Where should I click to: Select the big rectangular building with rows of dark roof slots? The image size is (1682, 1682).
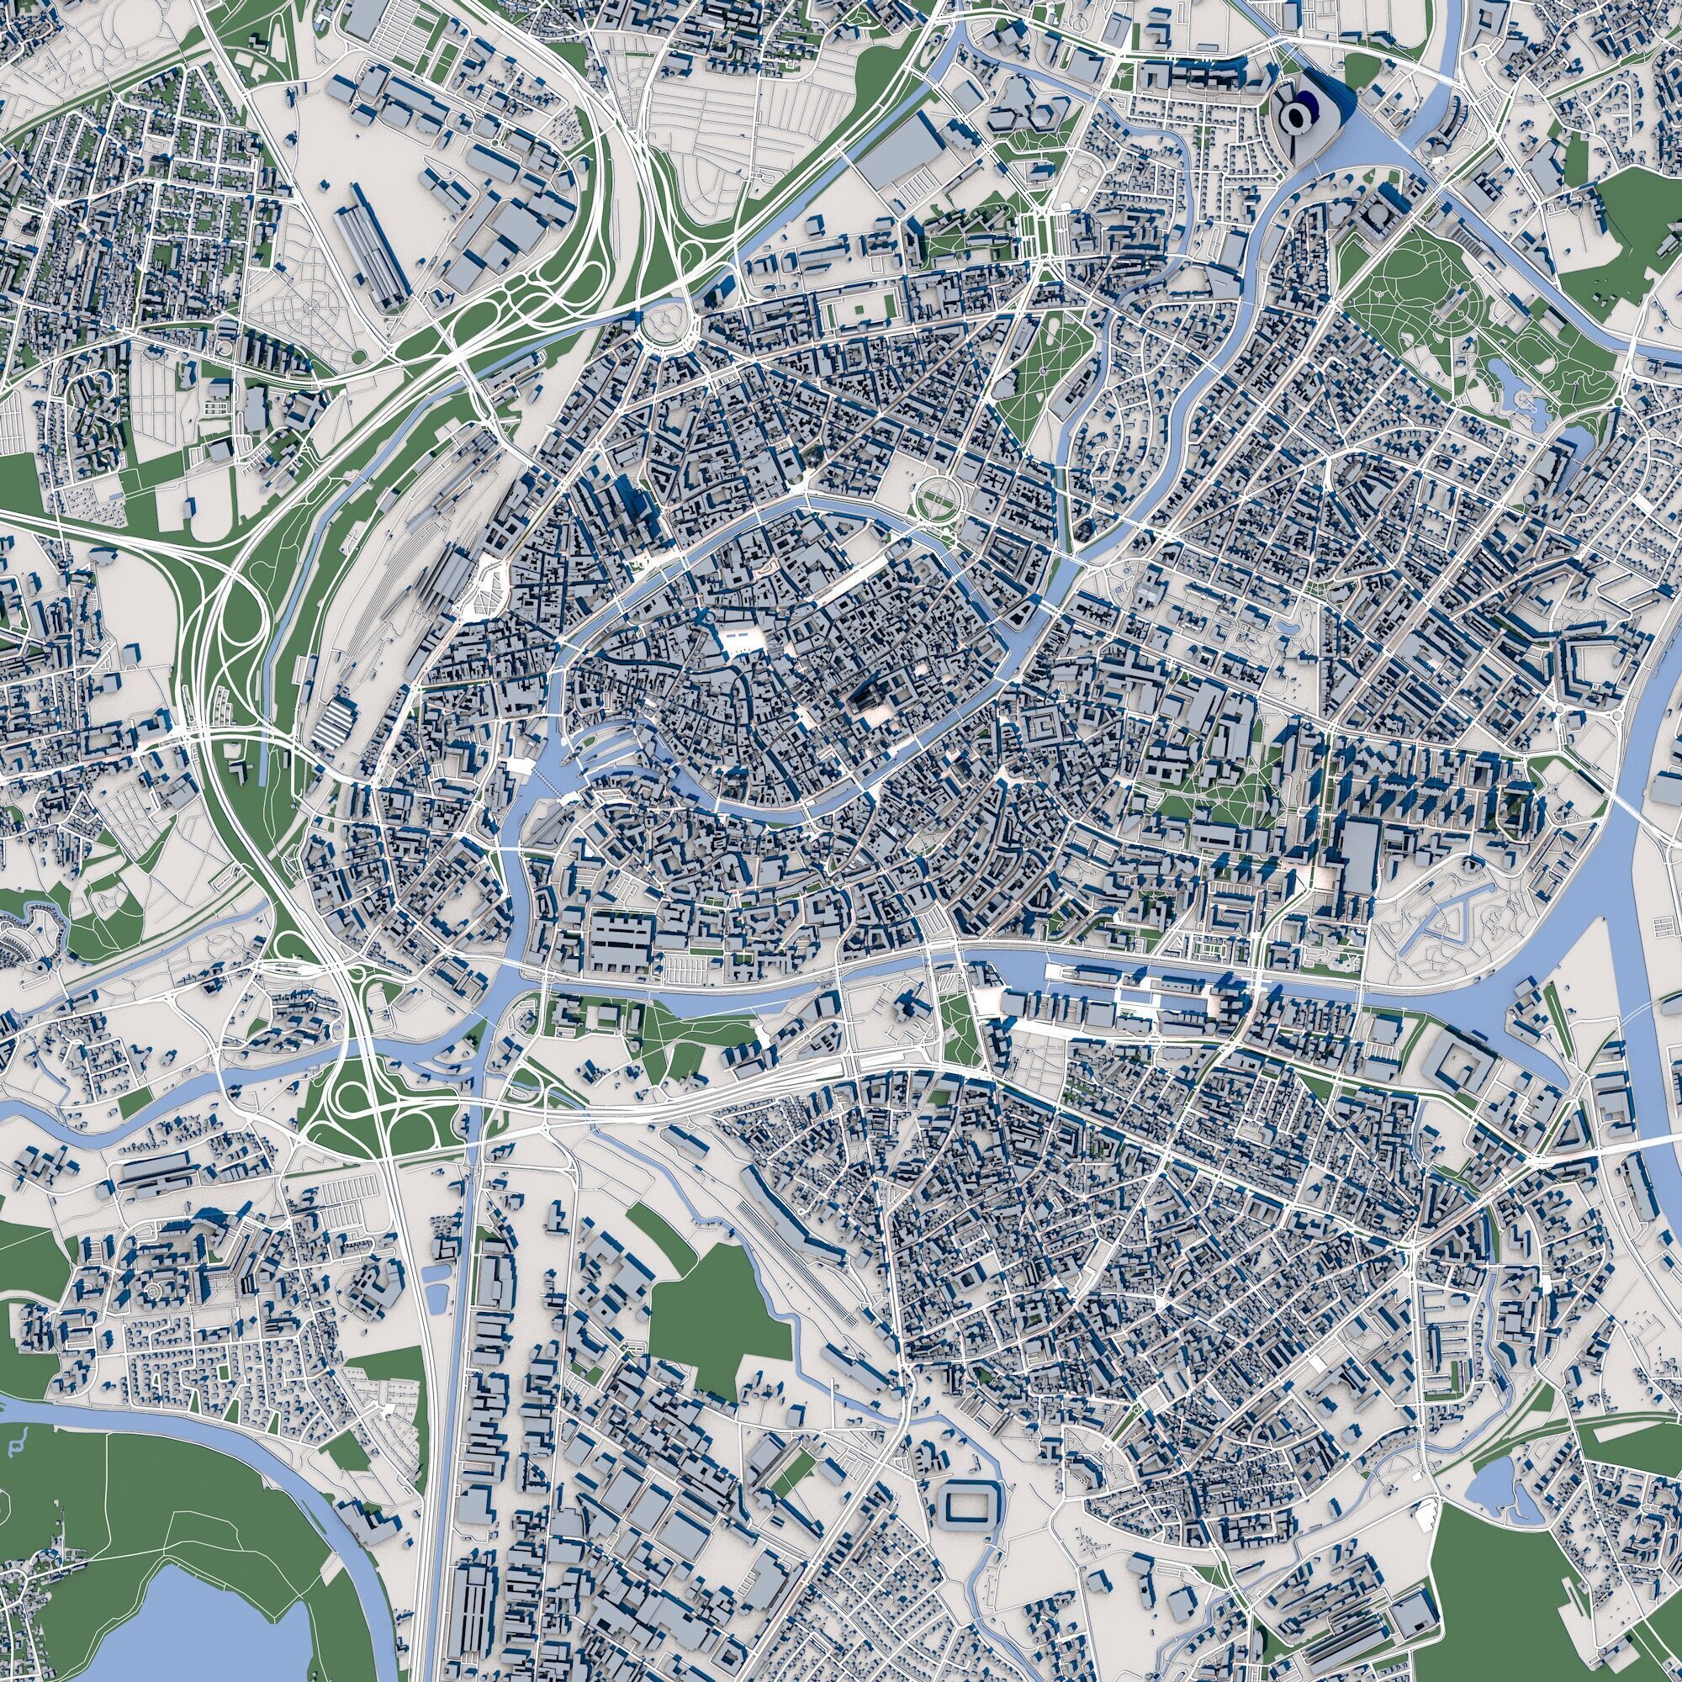coord(621,939)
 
